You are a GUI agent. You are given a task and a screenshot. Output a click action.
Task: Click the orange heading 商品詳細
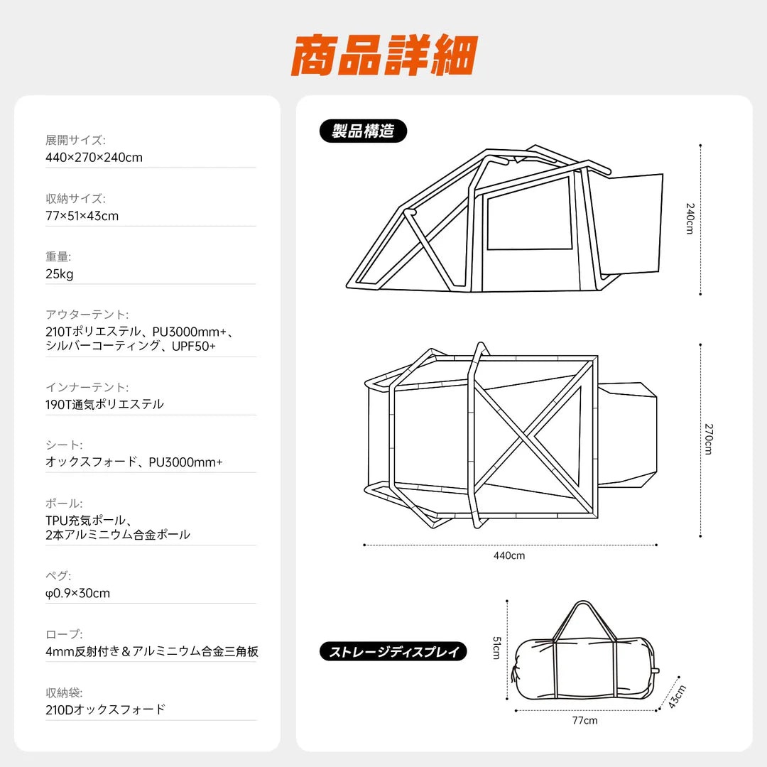click(x=383, y=55)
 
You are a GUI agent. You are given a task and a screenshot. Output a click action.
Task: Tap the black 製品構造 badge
click(x=363, y=131)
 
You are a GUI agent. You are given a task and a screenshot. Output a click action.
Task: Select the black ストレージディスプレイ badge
click(x=393, y=651)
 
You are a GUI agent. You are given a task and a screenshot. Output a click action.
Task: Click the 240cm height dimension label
click(x=689, y=219)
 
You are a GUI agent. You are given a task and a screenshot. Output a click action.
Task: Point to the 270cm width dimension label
click(x=708, y=439)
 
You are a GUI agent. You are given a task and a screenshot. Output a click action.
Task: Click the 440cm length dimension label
click(x=509, y=555)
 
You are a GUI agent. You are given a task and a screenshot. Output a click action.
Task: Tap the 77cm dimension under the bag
click(x=584, y=720)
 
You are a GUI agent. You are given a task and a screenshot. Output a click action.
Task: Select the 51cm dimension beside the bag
click(x=497, y=648)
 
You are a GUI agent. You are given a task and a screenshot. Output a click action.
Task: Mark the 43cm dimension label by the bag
click(x=678, y=696)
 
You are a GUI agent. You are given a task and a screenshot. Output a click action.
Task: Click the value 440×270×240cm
click(x=94, y=157)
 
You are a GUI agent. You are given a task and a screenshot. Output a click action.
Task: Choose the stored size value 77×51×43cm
click(x=82, y=216)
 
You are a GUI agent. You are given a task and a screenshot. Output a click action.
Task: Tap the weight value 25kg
click(x=59, y=274)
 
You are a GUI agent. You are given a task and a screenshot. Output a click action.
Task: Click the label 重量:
click(x=58, y=256)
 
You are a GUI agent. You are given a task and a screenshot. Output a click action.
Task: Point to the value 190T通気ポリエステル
click(x=104, y=404)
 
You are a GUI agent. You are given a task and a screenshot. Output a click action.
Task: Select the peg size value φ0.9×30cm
click(x=77, y=593)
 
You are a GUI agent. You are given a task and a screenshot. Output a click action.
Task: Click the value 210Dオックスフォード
click(x=105, y=709)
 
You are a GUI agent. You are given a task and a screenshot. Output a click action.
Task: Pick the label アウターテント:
click(x=87, y=314)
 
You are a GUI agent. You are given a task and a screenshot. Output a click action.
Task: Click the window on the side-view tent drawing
click(x=529, y=213)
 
